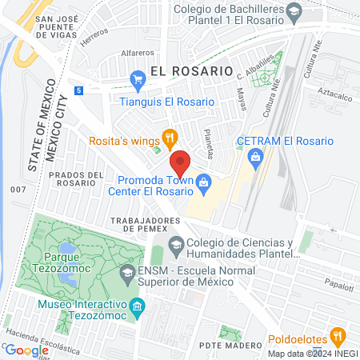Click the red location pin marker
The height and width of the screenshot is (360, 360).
click(180, 162)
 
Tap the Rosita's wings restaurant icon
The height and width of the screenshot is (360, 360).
click(170, 137)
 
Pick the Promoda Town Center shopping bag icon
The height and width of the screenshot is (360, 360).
click(205, 183)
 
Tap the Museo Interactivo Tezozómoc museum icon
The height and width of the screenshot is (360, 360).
click(138, 306)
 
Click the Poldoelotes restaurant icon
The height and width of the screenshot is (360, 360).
click(339, 337)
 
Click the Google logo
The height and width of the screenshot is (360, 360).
click(26, 350)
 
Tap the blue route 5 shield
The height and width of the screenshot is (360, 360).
click(78, 90)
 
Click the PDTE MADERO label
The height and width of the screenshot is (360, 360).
click(234, 345)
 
